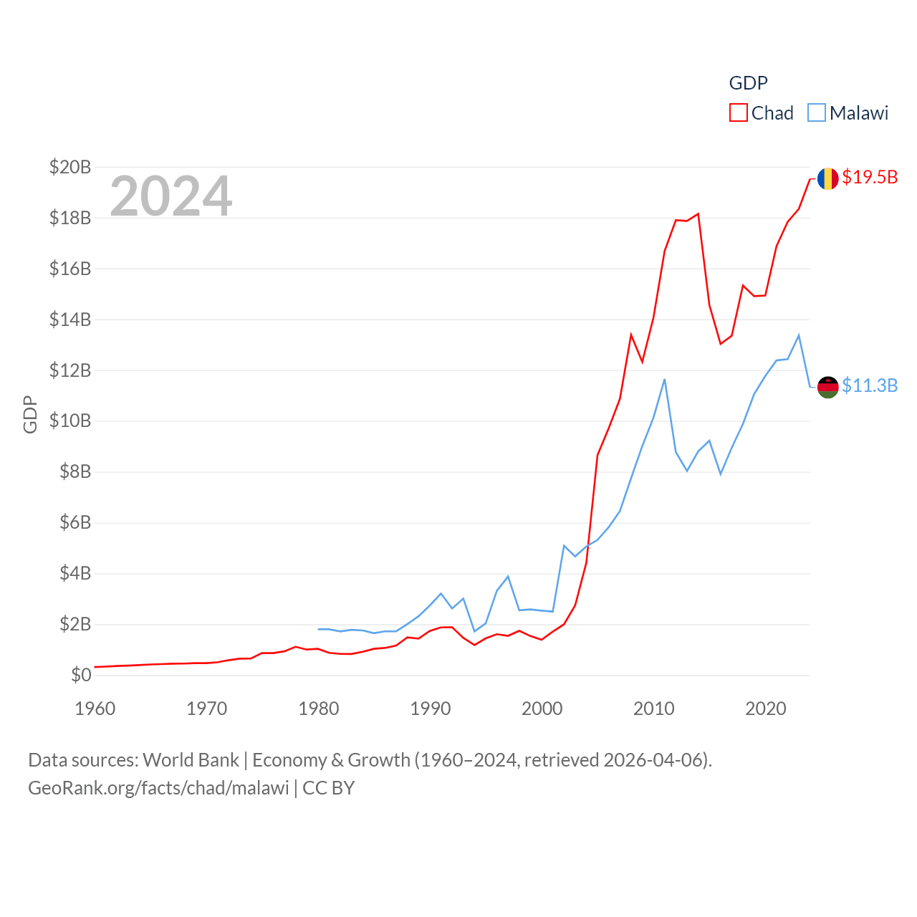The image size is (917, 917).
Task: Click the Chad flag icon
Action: coord(827,178)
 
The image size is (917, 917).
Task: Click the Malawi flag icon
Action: coord(827,387)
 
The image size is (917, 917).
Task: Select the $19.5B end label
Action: coord(870,177)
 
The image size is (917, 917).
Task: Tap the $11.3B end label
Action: coord(870,385)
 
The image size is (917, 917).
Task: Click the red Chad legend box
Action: coord(739,113)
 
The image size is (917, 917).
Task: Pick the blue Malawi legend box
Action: coord(817,113)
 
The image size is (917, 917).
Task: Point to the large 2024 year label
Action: coord(171,196)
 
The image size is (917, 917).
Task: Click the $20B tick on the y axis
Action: coord(70,167)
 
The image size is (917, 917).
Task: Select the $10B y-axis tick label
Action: coord(70,421)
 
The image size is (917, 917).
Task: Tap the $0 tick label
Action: coord(81,675)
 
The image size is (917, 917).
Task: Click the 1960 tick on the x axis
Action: coord(95,709)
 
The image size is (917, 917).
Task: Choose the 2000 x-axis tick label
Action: coord(542,709)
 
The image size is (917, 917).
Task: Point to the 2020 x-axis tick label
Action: coord(766,709)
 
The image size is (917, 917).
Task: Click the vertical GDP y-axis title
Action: coord(30,414)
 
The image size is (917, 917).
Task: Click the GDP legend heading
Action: coord(749,83)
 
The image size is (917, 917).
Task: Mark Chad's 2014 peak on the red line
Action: coord(698,213)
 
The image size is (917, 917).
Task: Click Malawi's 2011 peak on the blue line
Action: coord(665,379)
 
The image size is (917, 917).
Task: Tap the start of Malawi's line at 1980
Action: coord(319,629)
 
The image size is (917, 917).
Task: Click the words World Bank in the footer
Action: coord(191,760)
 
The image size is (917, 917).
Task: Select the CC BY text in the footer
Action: coord(329,788)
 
